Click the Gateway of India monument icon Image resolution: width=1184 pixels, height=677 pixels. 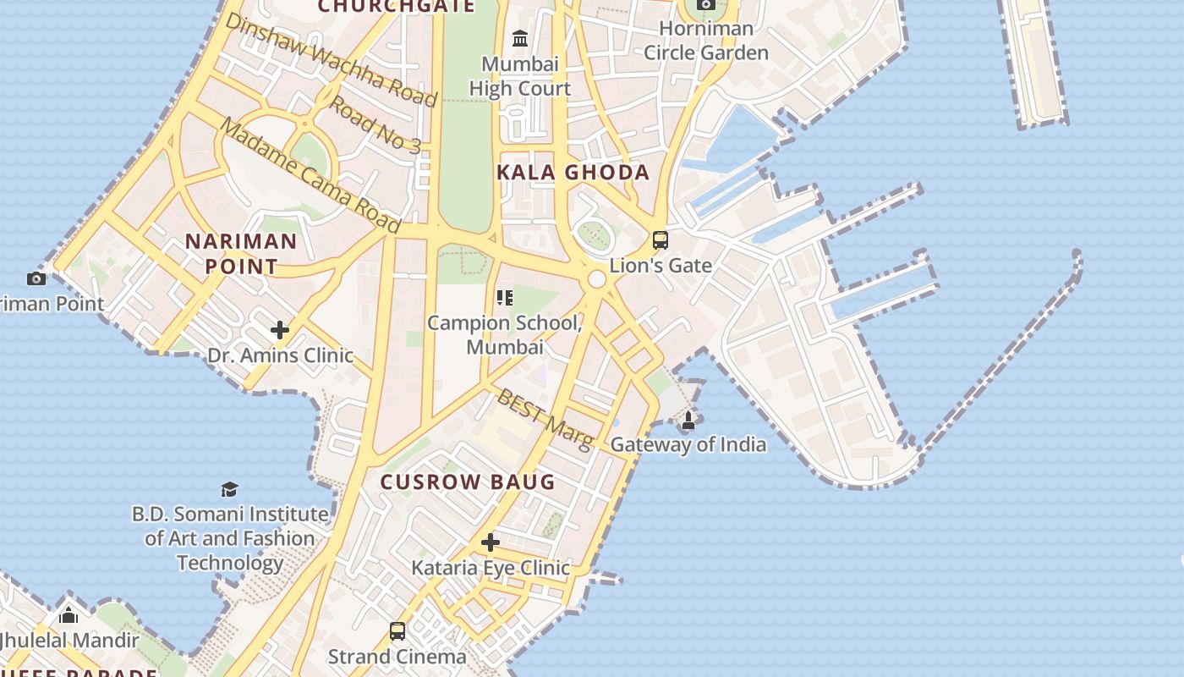pos(688,420)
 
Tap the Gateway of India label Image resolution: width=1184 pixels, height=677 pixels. pos(688,444)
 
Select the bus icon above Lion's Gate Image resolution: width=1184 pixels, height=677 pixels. pos(661,240)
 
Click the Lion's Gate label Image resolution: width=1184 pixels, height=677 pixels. pos(661,265)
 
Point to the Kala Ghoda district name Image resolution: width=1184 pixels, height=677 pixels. pos(573,173)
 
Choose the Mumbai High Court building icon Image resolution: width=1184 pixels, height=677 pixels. pos(520,39)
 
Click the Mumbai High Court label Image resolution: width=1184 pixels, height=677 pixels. pos(520,76)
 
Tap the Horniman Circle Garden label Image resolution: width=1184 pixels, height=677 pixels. pos(706,41)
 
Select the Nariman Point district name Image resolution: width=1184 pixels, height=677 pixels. pos(241,254)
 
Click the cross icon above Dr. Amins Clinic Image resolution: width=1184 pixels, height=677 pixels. pos(280,329)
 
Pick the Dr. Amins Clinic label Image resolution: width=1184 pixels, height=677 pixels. pos(280,355)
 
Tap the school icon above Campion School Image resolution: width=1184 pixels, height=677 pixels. pos(505,298)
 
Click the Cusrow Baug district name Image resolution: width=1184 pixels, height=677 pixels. pos(468,482)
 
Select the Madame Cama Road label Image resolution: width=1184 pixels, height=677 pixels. pos(310,175)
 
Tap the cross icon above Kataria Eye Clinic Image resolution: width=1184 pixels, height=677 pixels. pos(490,542)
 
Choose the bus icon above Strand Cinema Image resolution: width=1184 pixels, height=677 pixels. pos(397,631)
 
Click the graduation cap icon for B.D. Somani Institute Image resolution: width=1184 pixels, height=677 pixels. pos(229,489)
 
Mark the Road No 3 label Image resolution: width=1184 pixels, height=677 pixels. pos(374,124)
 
